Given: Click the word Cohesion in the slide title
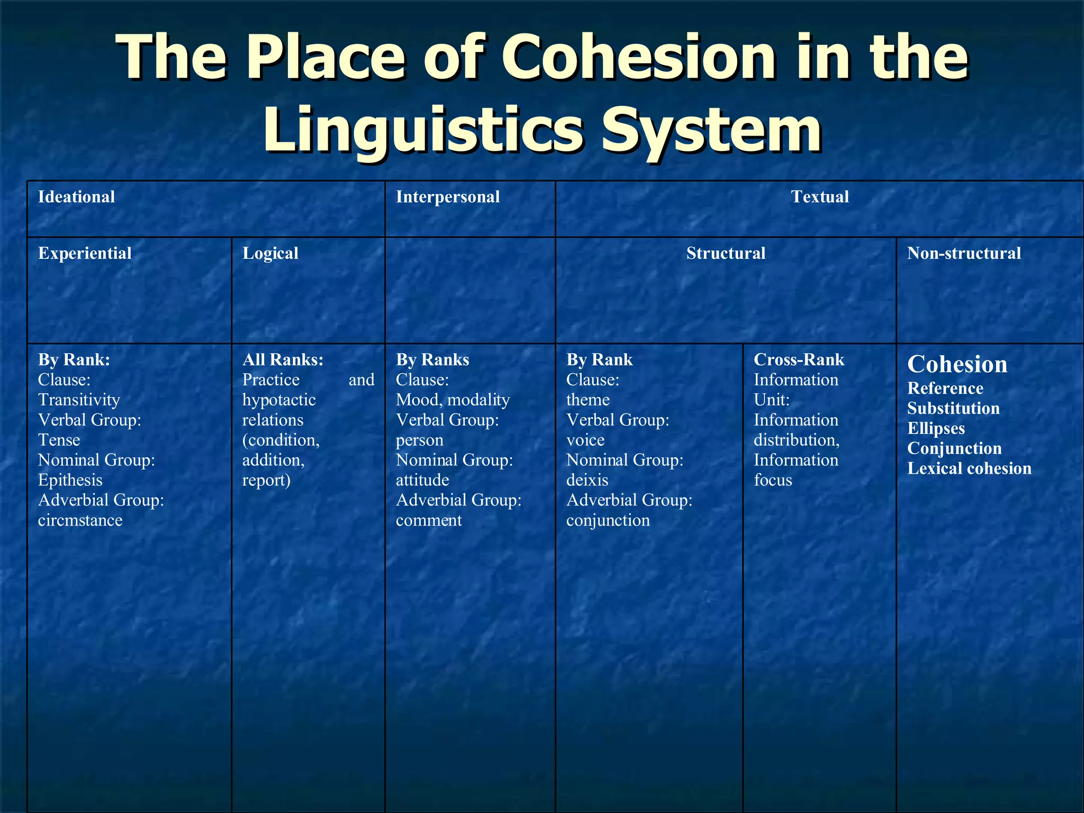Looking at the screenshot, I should click(639, 57).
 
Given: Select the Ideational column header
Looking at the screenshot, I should click(76, 197).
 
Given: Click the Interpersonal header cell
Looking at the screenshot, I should click(448, 197).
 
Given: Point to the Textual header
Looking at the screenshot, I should click(819, 197).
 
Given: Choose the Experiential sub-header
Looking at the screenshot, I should click(85, 253).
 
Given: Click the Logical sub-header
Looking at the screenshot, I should click(270, 253).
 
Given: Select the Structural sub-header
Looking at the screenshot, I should click(726, 253).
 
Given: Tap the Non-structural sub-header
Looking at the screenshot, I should click(964, 253).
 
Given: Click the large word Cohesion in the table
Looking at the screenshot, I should click(957, 364).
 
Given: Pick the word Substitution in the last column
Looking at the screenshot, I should click(953, 408).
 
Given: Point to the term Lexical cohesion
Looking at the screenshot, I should click(969, 468).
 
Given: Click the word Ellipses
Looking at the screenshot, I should click(936, 428).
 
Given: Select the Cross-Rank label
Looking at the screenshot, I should click(799, 359).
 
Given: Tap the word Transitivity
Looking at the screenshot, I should click(79, 400).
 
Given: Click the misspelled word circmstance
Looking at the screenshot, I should click(80, 520).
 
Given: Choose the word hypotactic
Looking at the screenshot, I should click(279, 400).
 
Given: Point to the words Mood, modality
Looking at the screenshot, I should click(453, 400).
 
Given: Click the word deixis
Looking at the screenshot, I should click(587, 480).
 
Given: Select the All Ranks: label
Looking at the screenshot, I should click(283, 359).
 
